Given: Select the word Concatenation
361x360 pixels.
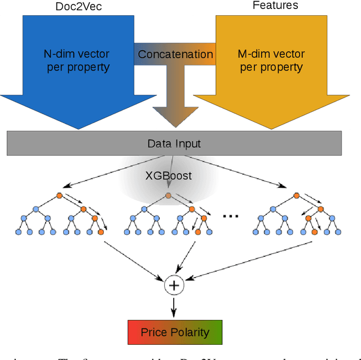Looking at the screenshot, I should tap(175, 55).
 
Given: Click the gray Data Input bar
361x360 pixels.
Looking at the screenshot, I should tap(174, 144).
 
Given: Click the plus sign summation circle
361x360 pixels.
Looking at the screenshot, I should tap(174, 286).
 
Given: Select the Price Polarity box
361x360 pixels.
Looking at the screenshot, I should tap(174, 332).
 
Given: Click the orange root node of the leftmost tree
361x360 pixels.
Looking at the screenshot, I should tap(59, 196).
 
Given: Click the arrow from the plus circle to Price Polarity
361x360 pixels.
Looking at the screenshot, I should tap(174, 306).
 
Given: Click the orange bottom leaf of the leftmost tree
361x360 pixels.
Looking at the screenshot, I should tap(100, 231).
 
